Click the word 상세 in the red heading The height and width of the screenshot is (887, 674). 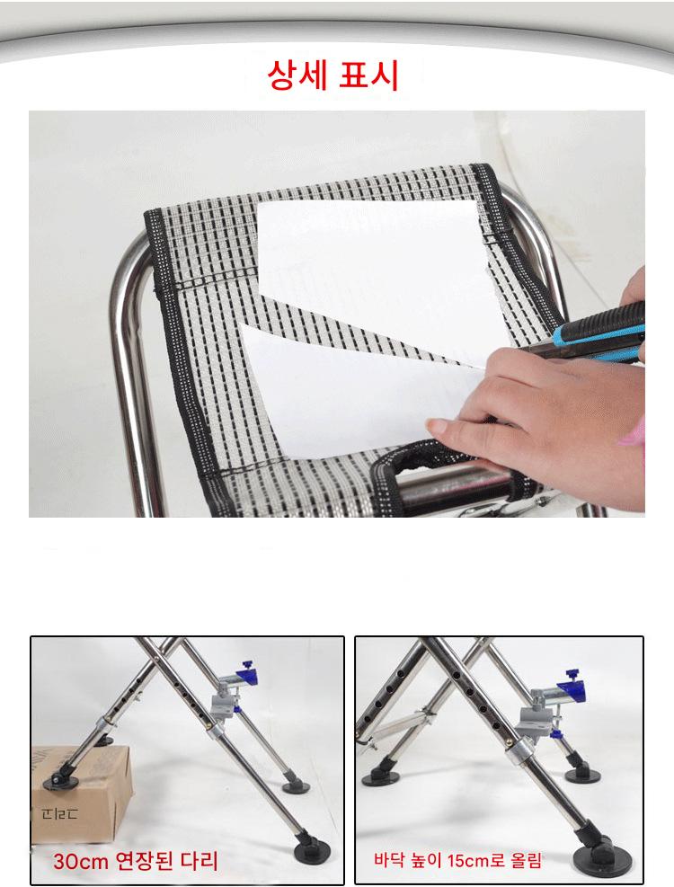pos(297,75)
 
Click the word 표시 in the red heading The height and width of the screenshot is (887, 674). pos(368,75)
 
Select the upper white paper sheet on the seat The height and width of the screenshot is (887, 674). pos(374,271)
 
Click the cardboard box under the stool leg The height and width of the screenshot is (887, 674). pos(81,792)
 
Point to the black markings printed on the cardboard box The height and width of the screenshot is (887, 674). pos(59,814)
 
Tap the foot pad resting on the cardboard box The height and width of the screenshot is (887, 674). pos(60,781)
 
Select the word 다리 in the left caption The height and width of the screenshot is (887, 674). pos(200,860)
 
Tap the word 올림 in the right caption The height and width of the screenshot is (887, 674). pos(526,860)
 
